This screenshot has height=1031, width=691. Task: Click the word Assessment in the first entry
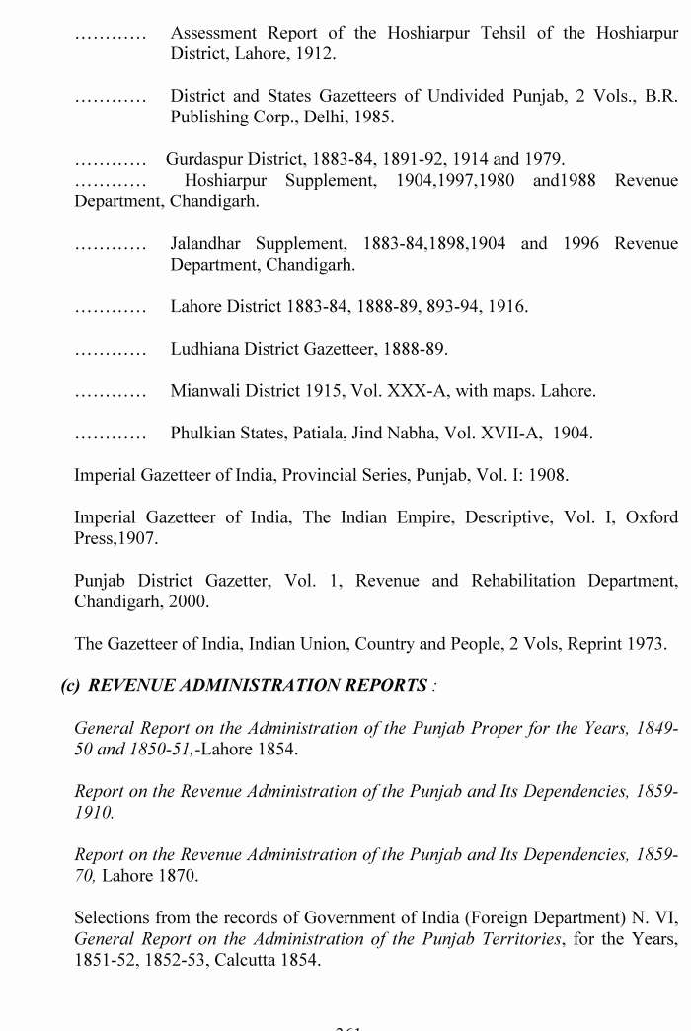coord(212,34)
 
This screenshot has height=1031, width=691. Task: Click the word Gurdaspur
coord(204,159)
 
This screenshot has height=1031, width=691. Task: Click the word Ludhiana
coord(207,349)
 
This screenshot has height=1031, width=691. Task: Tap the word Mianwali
coord(209,391)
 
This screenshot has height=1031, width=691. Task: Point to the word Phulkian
coord(206,434)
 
